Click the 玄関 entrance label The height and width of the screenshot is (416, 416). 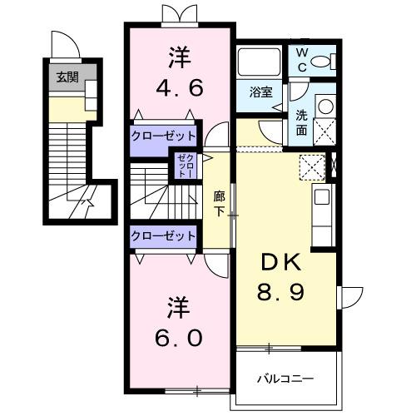point(67,77)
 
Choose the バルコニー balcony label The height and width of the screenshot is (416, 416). point(285,379)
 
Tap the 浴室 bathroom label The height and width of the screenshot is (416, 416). point(261,92)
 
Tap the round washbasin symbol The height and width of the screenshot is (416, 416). point(325,107)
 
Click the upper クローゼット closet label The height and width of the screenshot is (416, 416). point(163,136)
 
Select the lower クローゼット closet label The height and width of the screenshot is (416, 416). point(163,235)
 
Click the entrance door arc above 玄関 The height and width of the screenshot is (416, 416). point(63,42)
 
